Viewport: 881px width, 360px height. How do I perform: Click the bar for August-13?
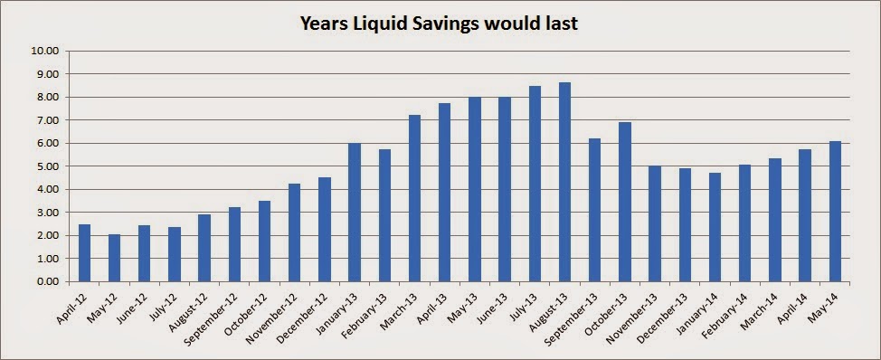(564, 182)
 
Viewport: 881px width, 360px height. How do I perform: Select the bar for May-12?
(114, 258)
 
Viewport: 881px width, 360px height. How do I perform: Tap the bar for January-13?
(355, 213)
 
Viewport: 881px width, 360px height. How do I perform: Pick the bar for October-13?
(625, 203)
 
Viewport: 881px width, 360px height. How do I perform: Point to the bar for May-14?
(835, 211)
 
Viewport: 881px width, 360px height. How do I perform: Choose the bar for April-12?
(84, 252)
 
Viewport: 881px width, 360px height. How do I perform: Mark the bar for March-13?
(414, 198)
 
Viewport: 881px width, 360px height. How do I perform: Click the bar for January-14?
(715, 227)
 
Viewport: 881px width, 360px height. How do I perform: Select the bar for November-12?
(294, 232)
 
